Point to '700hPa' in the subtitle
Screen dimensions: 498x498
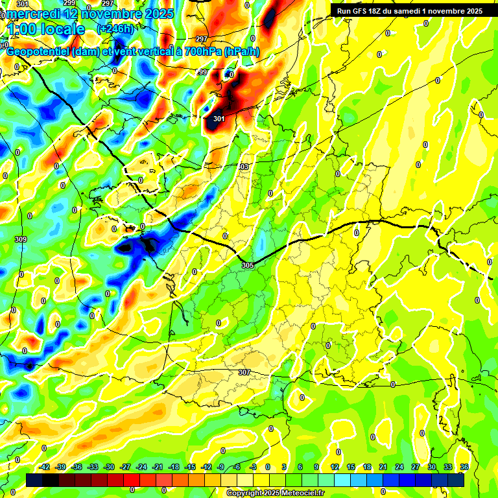pyautogui.click(x=202, y=53)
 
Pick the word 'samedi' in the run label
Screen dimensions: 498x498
pyautogui.click(x=419, y=11)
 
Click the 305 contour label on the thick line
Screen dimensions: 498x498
pyautogui.click(x=247, y=265)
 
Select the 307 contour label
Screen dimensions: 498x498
pyautogui.click(x=244, y=372)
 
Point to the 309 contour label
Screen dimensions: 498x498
pyautogui.click(x=20, y=240)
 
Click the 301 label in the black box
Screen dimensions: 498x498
pyautogui.click(x=219, y=119)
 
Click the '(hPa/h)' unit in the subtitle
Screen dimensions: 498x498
pyautogui.click(x=246, y=53)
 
